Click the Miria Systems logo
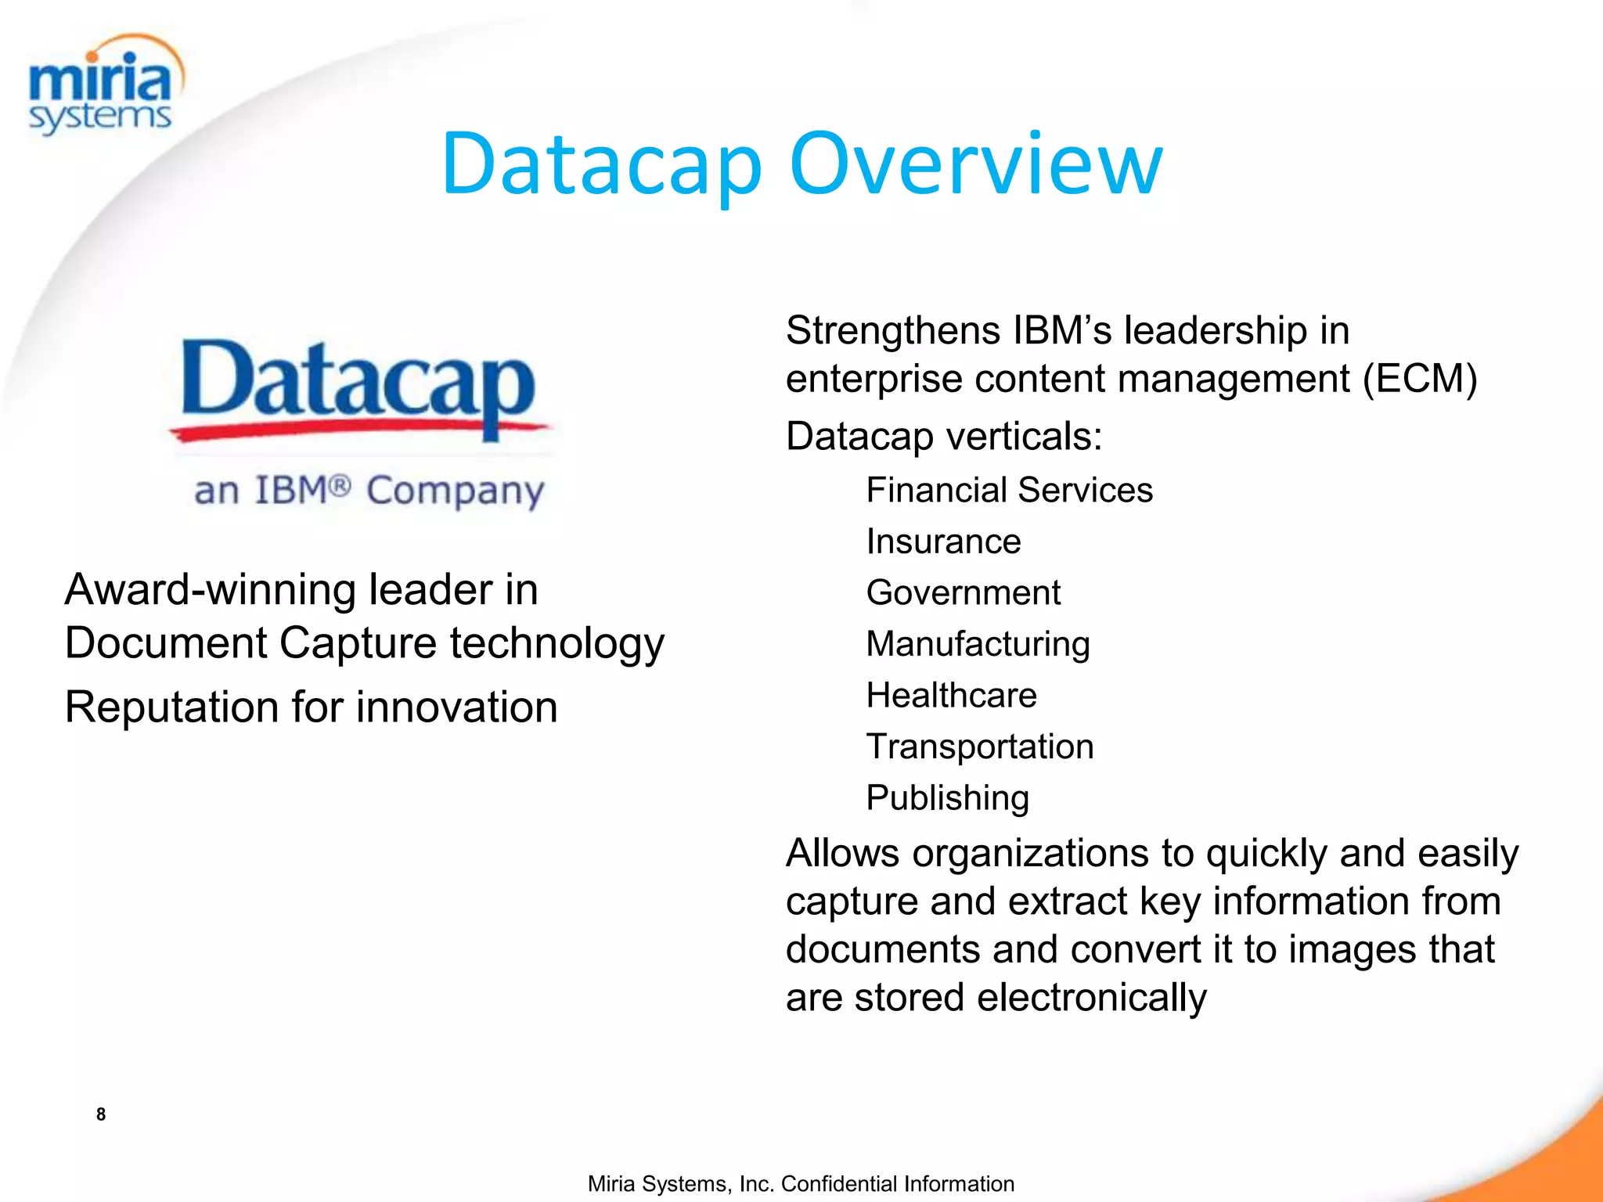tap(103, 86)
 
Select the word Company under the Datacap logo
tap(455, 492)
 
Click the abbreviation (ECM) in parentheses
tap(1420, 379)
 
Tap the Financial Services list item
tap(1009, 491)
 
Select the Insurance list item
tap(943, 542)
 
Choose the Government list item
tap(963, 592)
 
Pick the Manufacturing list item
tap(978, 644)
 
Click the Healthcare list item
tap(951, 695)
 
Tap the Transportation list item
tap(979, 747)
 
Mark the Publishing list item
tap(947, 798)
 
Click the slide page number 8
tap(101, 1114)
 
